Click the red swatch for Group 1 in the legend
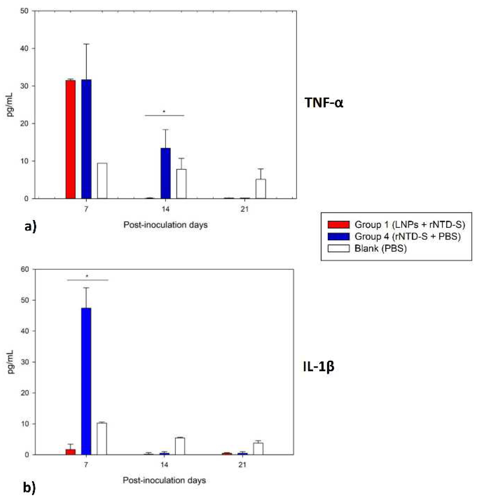(338, 224)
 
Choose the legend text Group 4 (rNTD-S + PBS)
(408, 236)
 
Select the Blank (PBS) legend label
(380, 248)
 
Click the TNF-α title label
(324, 102)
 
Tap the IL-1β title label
(318, 366)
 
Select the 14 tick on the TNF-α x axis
(165, 209)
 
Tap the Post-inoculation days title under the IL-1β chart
(164, 480)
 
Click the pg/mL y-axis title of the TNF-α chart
(10, 105)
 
